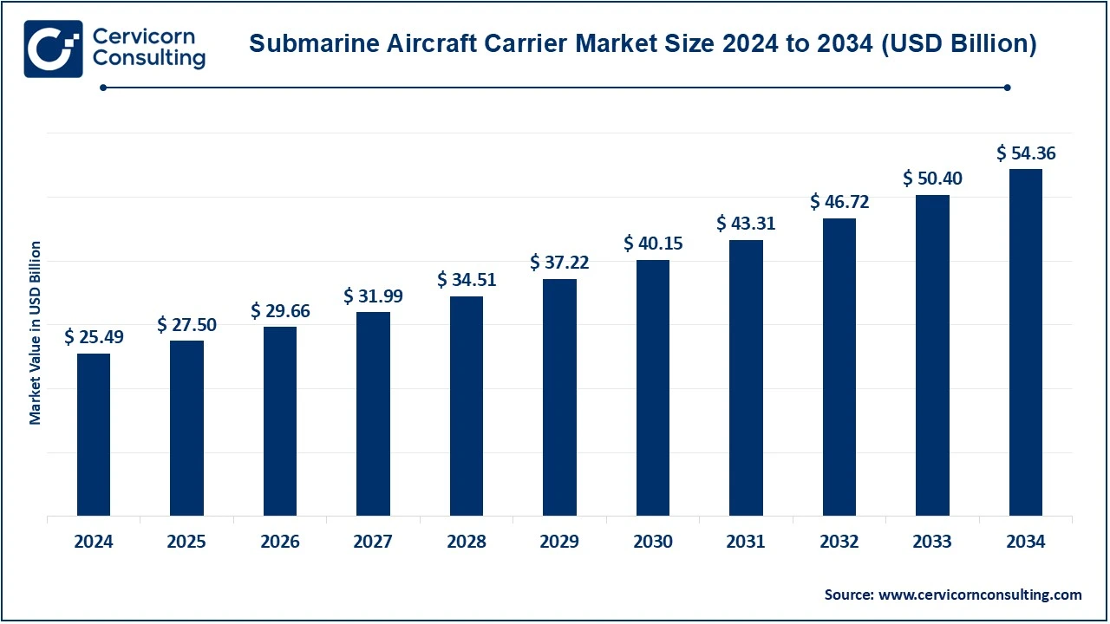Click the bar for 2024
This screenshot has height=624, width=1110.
tap(94, 434)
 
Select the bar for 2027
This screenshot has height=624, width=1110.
tap(373, 413)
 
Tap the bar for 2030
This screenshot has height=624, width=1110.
tap(653, 387)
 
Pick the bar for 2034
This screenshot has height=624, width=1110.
tap(1026, 342)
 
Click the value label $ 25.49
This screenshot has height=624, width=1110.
tap(94, 337)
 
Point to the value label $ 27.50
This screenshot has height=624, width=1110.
tap(186, 324)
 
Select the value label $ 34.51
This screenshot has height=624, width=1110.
tap(467, 280)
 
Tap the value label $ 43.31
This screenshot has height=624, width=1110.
tap(746, 224)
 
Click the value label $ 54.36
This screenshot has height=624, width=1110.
tap(1026, 153)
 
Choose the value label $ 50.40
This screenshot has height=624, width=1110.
tap(932, 179)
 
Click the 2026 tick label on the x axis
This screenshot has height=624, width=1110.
tap(280, 543)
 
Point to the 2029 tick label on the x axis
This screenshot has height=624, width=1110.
tap(559, 543)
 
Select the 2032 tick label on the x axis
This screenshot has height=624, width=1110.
tap(839, 543)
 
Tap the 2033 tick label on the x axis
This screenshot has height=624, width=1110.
tap(932, 543)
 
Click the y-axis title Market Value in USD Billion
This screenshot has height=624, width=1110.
tap(36, 333)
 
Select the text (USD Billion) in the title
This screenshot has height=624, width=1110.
tap(959, 44)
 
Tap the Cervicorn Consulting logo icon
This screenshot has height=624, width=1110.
tap(54, 49)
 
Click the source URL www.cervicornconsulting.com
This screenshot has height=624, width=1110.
tap(980, 595)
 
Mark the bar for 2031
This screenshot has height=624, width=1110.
tap(746, 378)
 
